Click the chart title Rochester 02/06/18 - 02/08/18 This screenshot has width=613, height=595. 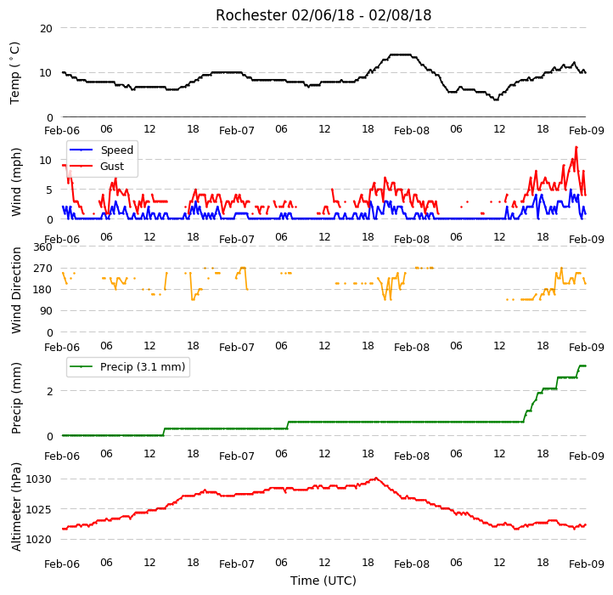click(x=323, y=15)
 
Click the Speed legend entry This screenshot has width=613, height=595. click(x=101, y=150)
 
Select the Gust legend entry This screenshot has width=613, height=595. click(x=96, y=166)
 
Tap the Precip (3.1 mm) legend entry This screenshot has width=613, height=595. click(x=127, y=367)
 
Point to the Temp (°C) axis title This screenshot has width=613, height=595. click(x=14, y=73)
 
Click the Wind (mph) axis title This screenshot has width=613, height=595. click(x=15, y=182)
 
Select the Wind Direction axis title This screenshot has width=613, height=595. click(x=15, y=290)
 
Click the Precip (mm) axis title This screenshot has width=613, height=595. click(x=15, y=398)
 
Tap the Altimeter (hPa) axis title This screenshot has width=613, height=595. click(x=15, y=507)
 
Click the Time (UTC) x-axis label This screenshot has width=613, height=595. click(x=323, y=580)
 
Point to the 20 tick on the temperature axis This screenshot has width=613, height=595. click(x=46, y=29)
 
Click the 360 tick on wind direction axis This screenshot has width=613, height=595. click(x=43, y=247)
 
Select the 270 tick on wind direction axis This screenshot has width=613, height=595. click(x=43, y=269)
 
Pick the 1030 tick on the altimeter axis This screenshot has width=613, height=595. click(x=38, y=479)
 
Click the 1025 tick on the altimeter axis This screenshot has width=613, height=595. click(x=38, y=509)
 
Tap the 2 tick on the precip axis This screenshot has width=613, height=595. click(x=49, y=391)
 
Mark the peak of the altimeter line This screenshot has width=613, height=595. click(x=376, y=478)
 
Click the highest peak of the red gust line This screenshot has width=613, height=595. click(x=576, y=147)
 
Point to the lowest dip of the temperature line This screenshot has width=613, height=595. click(x=496, y=99)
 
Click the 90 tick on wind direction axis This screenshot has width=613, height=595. click(x=47, y=311)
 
